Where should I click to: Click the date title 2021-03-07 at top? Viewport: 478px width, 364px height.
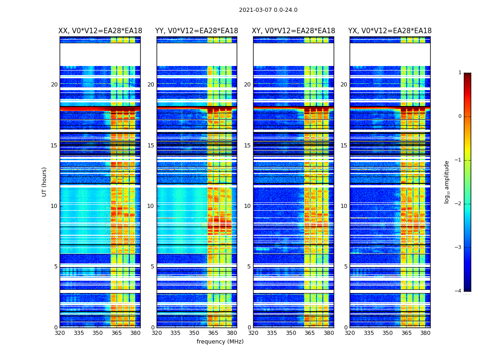[x=268, y=10]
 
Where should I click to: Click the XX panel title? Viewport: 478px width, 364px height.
[x=100, y=31]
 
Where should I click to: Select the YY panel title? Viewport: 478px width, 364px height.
[x=197, y=31]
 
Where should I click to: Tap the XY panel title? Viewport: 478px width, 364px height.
[x=294, y=31]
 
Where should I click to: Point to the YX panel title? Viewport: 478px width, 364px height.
[x=390, y=31]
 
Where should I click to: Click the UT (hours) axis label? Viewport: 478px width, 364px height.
[x=45, y=182]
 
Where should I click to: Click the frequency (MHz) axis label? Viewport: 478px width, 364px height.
[x=220, y=342]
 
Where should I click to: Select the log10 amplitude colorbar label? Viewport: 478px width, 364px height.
[x=447, y=182]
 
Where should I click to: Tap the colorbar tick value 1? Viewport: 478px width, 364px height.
[x=460, y=73]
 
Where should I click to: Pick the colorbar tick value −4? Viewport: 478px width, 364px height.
[x=458, y=291]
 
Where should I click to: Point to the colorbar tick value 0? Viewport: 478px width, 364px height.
[x=460, y=116]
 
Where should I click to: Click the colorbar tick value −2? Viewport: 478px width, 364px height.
[x=458, y=204]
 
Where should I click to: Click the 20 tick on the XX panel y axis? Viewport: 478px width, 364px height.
[x=54, y=85]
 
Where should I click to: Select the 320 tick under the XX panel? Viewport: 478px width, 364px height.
[x=60, y=333]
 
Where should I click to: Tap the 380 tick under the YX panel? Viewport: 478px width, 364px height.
[x=425, y=333]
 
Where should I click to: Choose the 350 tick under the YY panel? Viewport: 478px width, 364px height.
[x=194, y=333]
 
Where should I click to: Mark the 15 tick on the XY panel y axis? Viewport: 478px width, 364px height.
[x=248, y=146]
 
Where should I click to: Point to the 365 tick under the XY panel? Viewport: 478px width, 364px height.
[x=310, y=333]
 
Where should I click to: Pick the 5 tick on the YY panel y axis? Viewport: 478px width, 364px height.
[x=153, y=267]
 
